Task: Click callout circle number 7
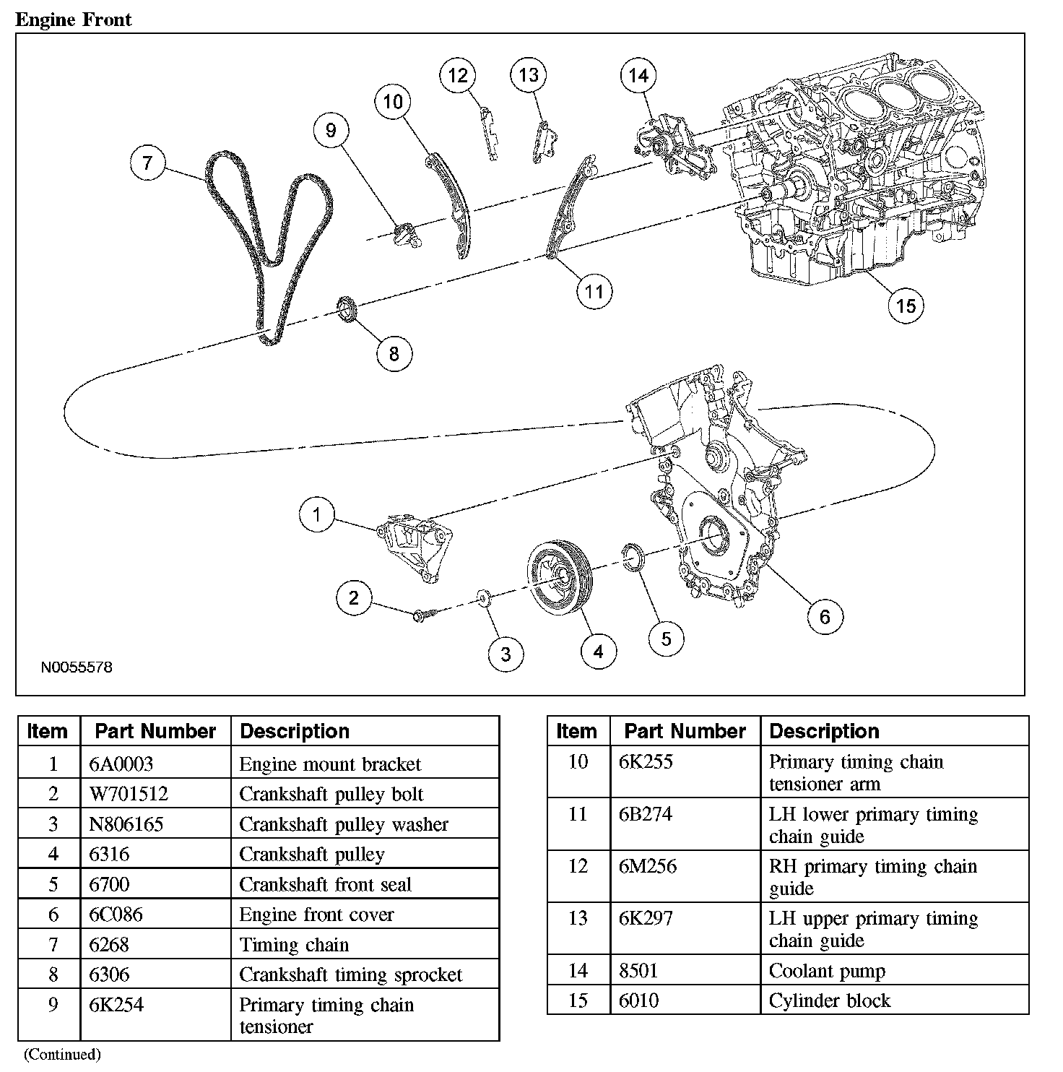[148, 163]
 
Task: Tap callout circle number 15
[906, 306]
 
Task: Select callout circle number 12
[458, 75]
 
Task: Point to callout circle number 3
[506, 654]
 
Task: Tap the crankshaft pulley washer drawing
[482, 598]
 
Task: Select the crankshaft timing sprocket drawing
[349, 309]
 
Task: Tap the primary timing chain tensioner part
[405, 235]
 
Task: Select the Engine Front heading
[74, 20]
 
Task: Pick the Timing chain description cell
[294, 944]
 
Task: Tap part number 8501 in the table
[638, 970]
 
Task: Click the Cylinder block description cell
[830, 1000]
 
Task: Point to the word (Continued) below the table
[62, 1055]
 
